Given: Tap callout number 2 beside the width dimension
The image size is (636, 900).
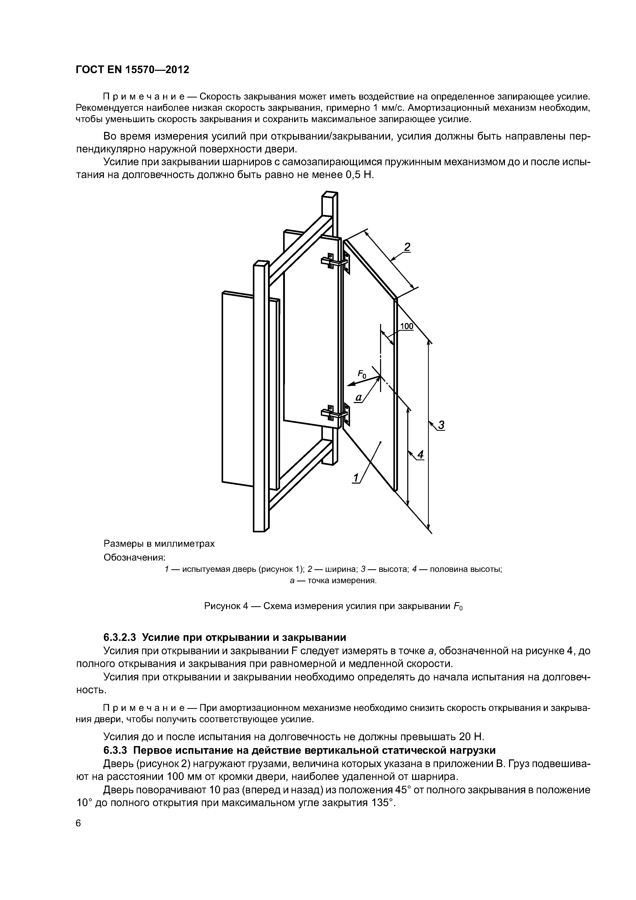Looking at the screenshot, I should coord(407,247).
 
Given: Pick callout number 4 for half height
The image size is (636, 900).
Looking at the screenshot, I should coord(421,454).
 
